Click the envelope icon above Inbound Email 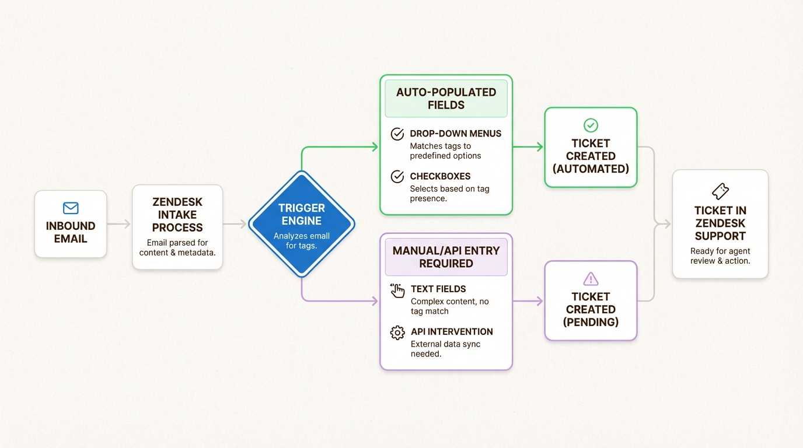point(70,208)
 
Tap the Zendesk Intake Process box point(177,226)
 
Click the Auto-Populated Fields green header point(446,99)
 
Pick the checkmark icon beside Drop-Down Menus point(397,134)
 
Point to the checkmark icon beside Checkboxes point(397,177)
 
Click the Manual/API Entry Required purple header point(446,257)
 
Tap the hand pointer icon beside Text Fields point(397,290)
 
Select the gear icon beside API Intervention point(397,332)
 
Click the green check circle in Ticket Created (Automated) point(591,125)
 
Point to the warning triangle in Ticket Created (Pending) point(591,278)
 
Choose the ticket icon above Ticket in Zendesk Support point(720,191)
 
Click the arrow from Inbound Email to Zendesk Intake point(119,224)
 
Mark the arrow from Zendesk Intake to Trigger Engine point(235,224)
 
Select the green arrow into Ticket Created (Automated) point(528,148)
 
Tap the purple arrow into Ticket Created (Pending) point(528,301)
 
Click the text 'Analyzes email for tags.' point(301,241)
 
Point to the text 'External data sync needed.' point(445,349)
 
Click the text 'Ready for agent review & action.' point(720,256)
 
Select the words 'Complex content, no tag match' point(449,306)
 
